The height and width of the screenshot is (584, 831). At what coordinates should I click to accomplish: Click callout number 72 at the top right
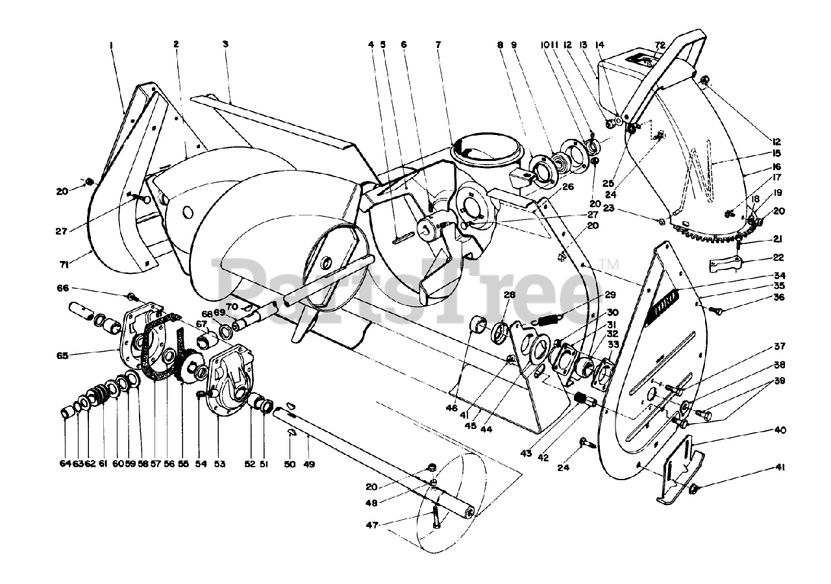tap(661, 45)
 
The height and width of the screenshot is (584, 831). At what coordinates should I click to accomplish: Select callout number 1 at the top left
tap(112, 45)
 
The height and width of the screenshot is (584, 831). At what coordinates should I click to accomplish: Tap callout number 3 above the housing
tap(225, 45)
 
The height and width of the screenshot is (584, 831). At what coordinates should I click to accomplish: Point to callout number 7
tap(438, 45)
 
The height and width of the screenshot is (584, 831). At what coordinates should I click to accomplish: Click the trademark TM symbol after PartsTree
tap(609, 265)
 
